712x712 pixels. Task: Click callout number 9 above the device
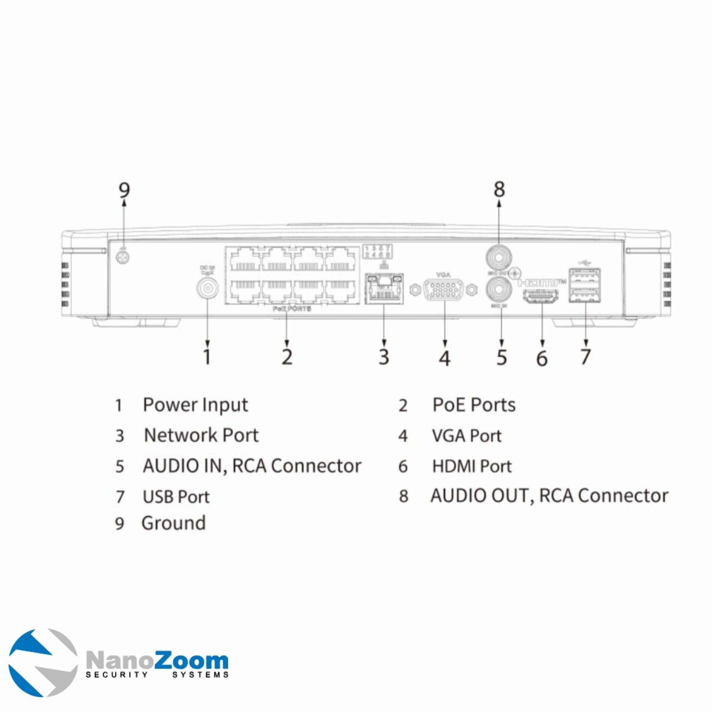pos(124,190)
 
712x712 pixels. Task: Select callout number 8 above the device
pos(500,189)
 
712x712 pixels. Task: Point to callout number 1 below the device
pos(207,356)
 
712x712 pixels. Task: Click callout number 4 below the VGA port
pos(444,357)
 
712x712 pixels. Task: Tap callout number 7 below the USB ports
pos(585,356)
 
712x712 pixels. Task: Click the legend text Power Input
pos(195,405)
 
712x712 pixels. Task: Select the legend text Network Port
pos(201,435)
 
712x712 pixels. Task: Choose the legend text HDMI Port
pos(472,466)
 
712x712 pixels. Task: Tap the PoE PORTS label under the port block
pos(292,309)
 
